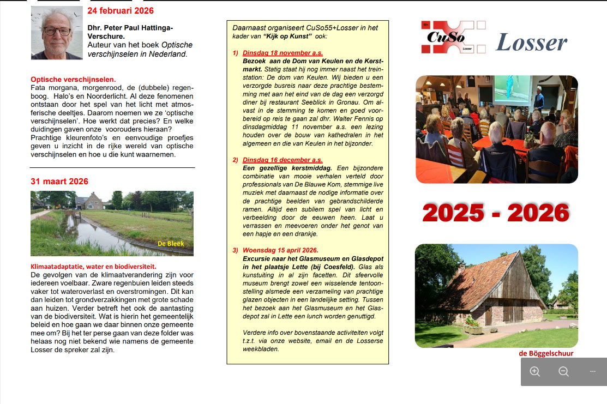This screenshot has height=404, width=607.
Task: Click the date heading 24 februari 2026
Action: (x=121, y=11)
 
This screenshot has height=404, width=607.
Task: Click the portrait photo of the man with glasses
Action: (x=57, y=33)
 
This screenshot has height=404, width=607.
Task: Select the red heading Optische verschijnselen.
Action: (x=73, y=79)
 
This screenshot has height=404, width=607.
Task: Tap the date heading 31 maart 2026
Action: (x=59, y=182)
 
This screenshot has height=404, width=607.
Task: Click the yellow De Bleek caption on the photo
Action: (x=171, y=244)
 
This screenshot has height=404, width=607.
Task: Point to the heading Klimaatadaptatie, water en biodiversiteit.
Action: (x=93, y=267)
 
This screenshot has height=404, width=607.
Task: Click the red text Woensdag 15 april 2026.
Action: (x=280, y=250)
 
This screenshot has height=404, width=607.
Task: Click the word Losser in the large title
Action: (x=531, y=42)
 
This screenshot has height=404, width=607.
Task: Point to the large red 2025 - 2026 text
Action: (x=496, y=213)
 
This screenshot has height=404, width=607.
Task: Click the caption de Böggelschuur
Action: (x=546, y=353)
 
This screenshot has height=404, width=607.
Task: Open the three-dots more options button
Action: (x=592, y=372)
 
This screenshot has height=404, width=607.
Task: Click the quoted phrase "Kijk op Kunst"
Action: (x=287, y=35)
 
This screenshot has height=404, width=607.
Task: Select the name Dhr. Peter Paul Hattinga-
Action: (x=130, y=28)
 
